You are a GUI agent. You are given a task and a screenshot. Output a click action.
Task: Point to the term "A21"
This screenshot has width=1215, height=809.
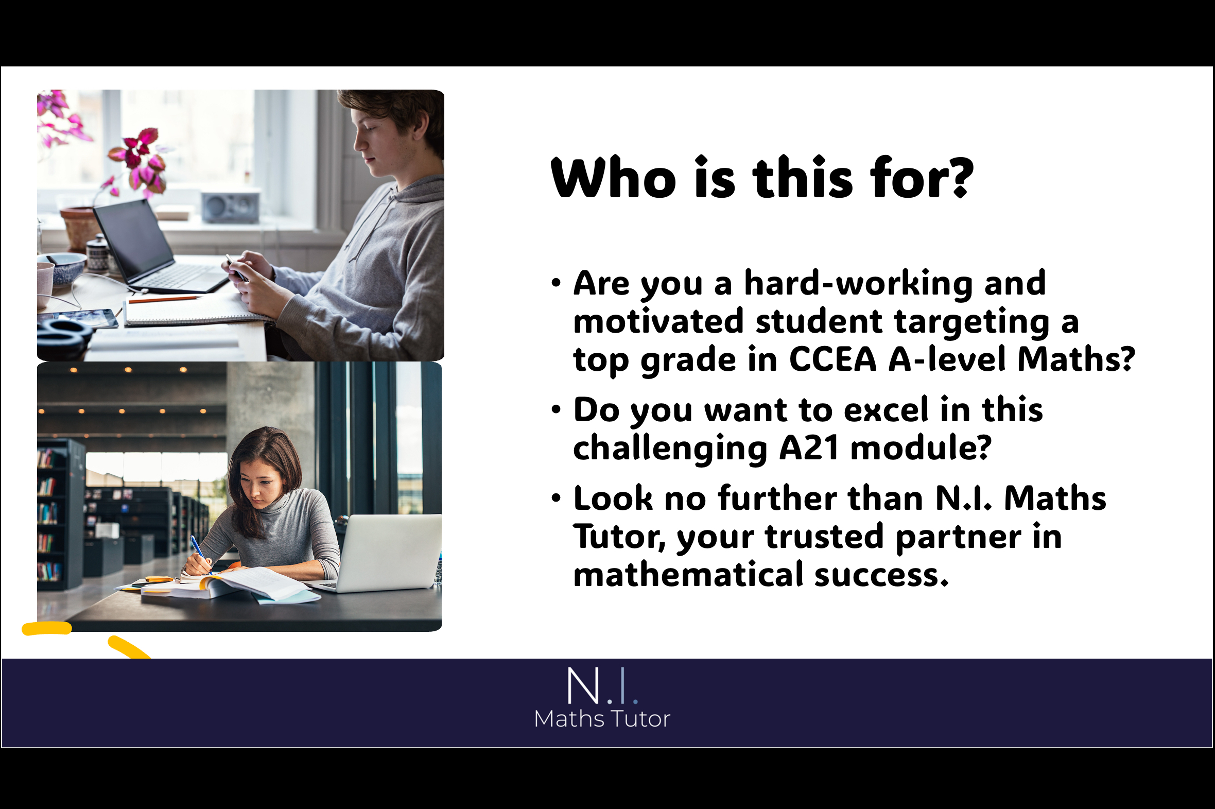(x=809, y=447)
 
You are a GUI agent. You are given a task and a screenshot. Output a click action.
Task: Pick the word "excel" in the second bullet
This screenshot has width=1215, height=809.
(x=886, y=410)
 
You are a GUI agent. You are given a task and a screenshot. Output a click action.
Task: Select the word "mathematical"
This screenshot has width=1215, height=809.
(x=688, y=574)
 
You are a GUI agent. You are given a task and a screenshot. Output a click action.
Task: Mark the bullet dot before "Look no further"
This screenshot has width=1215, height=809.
(x=556, y=498)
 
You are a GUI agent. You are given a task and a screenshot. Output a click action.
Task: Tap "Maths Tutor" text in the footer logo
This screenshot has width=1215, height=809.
(x=602, y=719)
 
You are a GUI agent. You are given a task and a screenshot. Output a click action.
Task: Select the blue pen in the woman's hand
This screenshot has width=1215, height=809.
(x=200, y=554)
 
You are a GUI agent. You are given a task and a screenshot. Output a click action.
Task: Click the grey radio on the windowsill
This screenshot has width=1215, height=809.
(x=231, y=208)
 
